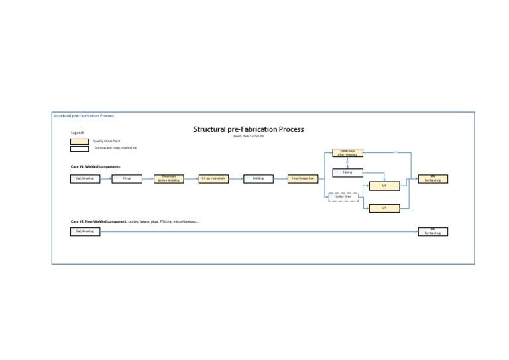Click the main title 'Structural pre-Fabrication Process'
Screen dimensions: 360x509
(249, 129)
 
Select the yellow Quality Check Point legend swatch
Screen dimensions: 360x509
(80, 141)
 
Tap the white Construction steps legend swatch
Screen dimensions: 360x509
(80, 149)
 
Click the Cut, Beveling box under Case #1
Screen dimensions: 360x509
(85, 178)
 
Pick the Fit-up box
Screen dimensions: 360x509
(127, 178)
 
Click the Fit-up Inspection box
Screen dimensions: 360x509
(213, 178)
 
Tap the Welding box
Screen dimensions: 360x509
(258, 178)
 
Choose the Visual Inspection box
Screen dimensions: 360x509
(302, 178)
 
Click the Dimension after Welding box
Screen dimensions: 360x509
(347, 152)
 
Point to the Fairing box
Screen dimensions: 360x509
(347, 172)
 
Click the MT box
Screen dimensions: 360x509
(384, 186)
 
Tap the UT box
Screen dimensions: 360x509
(384, 208)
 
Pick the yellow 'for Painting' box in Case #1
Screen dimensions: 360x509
(433, 178)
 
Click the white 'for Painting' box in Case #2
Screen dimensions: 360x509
(433, 232)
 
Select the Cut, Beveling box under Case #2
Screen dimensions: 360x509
(85, 231)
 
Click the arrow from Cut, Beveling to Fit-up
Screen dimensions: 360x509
(106, 178)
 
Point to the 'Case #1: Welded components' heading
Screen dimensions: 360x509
(96, 166)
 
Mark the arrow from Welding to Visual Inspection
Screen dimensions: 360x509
(280, 178)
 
